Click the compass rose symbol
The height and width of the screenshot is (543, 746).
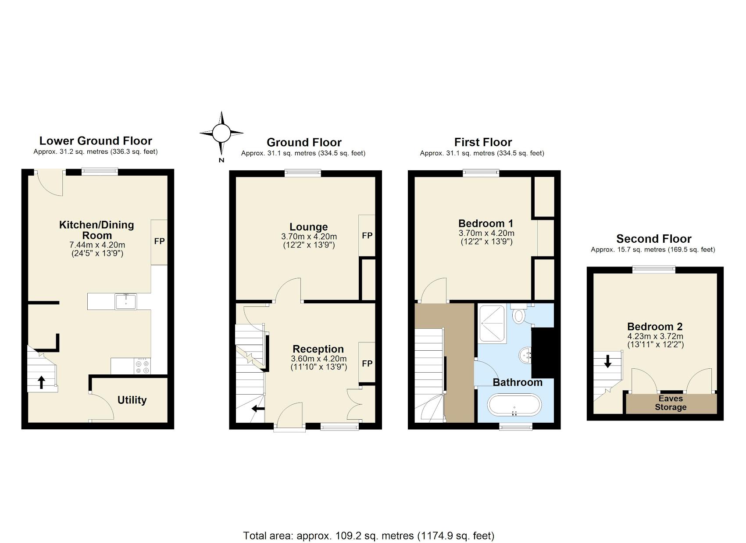pos(221,133)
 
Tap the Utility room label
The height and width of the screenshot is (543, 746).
pos(132,400)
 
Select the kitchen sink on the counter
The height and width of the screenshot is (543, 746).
pos(126,302)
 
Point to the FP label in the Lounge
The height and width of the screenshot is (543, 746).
pos(367,236)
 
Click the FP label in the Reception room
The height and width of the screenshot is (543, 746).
pos(367,363)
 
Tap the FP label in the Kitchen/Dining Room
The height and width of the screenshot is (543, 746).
pos(159,241)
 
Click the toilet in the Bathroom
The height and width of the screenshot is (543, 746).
pos(519,315)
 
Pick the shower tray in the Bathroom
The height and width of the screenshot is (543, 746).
pos(493,324)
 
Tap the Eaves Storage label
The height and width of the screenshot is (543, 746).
pos(670,403)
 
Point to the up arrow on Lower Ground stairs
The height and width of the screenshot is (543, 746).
pos(41,382)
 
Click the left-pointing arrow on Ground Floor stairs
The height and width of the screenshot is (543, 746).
pos(258,409)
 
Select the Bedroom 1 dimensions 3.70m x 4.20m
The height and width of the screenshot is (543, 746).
pos(486,233)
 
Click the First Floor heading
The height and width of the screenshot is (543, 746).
pos(483,142)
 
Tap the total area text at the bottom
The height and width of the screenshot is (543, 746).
pos(368,536)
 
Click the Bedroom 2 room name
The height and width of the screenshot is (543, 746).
pos(654,327)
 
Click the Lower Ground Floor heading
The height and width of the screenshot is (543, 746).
pos(96,141)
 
